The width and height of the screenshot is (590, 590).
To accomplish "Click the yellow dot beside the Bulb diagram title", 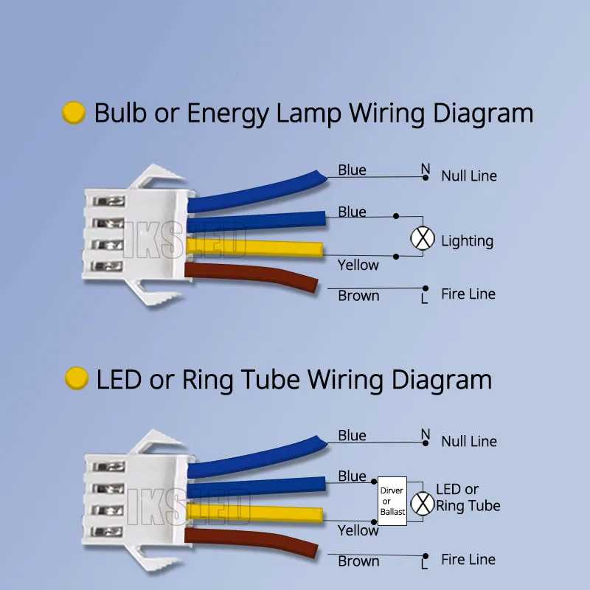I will pyautogui.click(x=74, y=113).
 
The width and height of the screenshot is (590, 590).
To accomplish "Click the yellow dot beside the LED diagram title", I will pyautogui.click(x=77, y=378).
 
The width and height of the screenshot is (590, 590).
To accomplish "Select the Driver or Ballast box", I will pyautogui.click(x=392, y=501).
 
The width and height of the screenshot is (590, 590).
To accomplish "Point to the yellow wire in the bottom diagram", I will pyautogui.click(x=258, y=514).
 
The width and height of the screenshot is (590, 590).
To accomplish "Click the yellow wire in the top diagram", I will pyautogui.click(x=258, y=249).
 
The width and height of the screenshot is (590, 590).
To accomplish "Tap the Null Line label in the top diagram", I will pyautogui.click(x=469, y=176).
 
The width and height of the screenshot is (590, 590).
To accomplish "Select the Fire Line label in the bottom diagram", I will pyautogui.click(x=468, y=560).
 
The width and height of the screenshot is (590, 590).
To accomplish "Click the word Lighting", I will pyautogui.click(x=467, y=241).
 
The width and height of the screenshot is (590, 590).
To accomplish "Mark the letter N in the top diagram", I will pyautogui.click(x=426, y=169).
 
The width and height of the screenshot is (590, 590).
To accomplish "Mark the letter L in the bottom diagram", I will pyautogui.click(x=424, y=565).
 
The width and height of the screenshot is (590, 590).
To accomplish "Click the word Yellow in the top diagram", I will pyautogui.click(x=358, y=265).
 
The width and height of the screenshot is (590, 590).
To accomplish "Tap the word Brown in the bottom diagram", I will pyautogui.click(x=358, y=561).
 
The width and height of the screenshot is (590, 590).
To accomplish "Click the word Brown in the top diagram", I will pyautogui.click(x=358, y=296).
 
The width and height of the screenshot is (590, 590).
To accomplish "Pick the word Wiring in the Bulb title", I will pyautogui.click(x=387, y=114).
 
